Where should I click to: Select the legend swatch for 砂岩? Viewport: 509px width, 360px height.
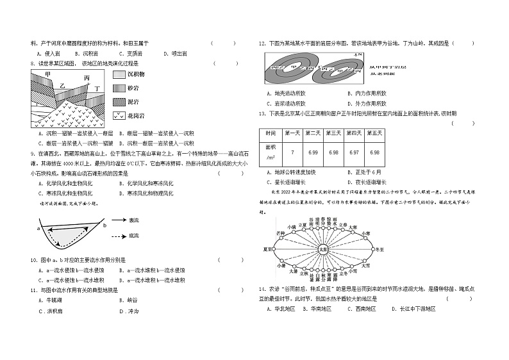(120, 88)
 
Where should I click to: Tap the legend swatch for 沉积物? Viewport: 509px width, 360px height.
(120, 74)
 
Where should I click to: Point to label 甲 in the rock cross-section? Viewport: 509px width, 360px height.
(48, 76)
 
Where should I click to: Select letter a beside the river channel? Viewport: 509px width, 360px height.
(38, 227)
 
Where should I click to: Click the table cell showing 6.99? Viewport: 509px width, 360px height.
(313, 152)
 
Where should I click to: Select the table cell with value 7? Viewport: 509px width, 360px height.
(292, 152)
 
